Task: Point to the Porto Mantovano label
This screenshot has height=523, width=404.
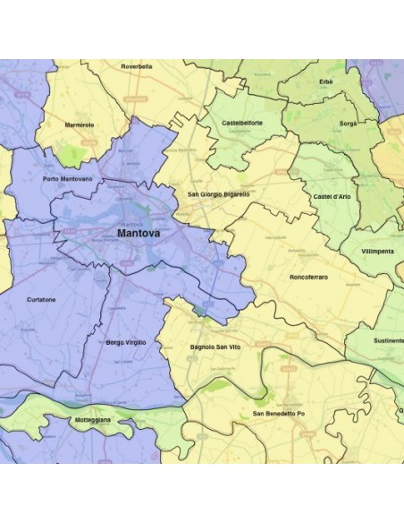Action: [67, 179]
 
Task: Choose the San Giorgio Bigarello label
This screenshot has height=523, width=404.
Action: [218, 193]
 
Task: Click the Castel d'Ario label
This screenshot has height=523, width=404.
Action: [332, 195]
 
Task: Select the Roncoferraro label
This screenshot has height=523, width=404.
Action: [308, 278]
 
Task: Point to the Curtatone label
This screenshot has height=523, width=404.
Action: [42, 300]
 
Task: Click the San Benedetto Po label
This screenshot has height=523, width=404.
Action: [278, 413]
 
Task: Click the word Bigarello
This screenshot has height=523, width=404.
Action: [234, 193]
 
